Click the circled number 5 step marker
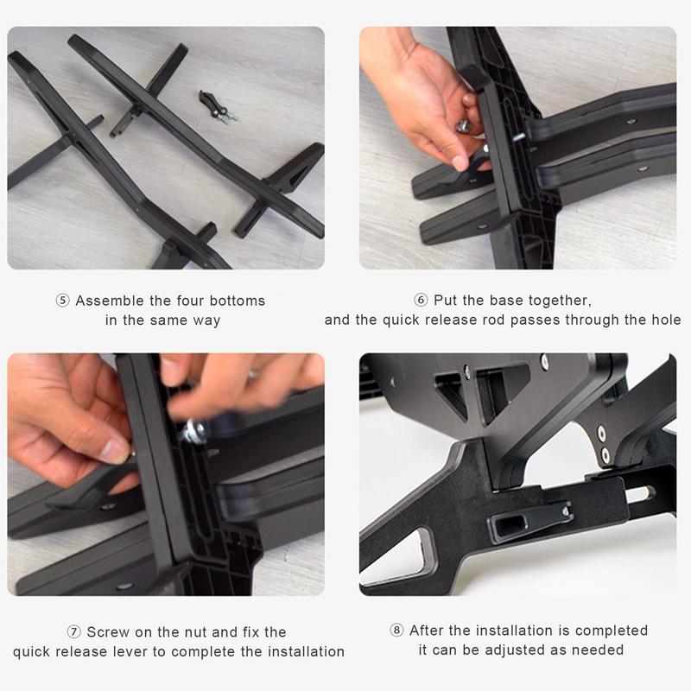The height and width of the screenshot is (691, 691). [x=63, y=301]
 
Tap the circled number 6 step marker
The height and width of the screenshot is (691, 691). [x=422, y=301]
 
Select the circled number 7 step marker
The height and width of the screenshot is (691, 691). [x=74, y=632]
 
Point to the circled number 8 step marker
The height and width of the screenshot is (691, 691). [x=397, y=631]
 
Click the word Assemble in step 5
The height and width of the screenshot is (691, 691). [x=111, y=301]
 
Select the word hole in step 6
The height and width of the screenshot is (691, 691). [x=663, y=320]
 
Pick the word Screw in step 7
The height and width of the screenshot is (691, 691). [x=110, y=632]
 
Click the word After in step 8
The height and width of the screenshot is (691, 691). [x=429, y=631]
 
